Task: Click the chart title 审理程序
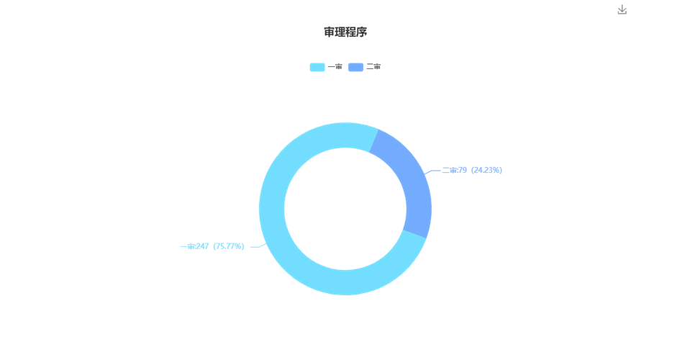point(345,32)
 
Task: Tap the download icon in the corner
point(622,9)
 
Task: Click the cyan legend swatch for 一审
point(317,67)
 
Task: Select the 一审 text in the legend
point(335,67)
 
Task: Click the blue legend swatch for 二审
point(355,67)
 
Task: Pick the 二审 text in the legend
point(373,67)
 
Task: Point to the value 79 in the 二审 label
point(463,171)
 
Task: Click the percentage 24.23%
point(486,171)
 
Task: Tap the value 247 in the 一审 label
point(202,246)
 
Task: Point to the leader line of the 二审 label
point(432,171)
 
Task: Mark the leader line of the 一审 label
point(258,246)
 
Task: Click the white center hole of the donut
point(345,209)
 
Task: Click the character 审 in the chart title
point(329,32)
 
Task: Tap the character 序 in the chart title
point(362,32)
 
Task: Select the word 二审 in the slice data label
point(449,171)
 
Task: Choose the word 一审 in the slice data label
point(188,246)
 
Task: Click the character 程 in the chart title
point(350,32)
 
